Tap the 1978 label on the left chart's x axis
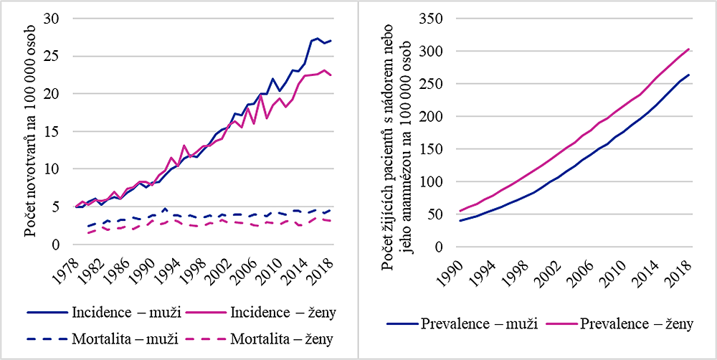(x=69, y=269)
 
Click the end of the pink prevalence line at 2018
(x=689, y=49)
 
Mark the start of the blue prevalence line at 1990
(x=460, y=221)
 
